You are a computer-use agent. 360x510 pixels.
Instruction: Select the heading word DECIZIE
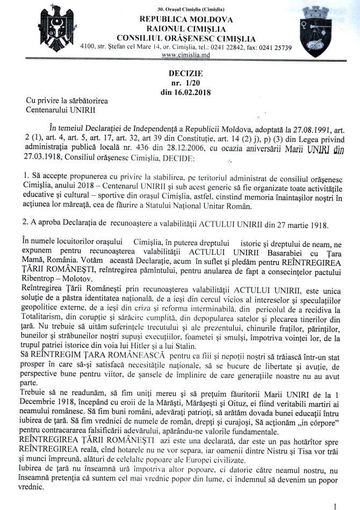click(182, 74)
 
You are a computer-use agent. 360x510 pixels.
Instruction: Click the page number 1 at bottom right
click(335, 505)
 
